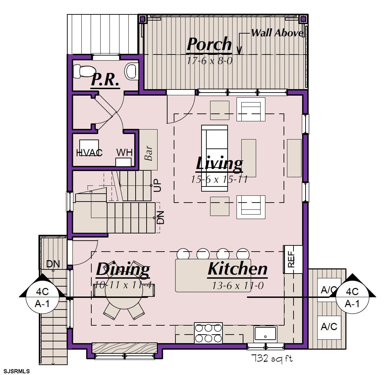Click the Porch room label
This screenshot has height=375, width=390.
pos(209,45)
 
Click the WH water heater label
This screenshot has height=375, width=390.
pos(124,152)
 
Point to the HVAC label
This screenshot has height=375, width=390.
pos(89,153)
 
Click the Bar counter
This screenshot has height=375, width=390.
pos(148,149)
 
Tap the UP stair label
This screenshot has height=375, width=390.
pos(158,185)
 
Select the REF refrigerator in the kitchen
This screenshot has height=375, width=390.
pos(293,259)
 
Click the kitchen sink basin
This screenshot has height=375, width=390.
pos(265,333)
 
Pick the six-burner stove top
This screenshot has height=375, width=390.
pos(208,333)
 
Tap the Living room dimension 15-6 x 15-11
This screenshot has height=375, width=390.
pos(219,179)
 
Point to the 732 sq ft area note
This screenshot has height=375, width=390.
pos(272,358)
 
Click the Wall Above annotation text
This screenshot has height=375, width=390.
pos(277,33)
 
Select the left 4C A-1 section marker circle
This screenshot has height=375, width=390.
pos(43,297)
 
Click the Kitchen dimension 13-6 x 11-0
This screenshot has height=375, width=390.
pos(238,286)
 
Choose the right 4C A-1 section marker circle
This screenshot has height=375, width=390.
pos(353,297)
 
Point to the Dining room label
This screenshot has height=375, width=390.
pos(123,269)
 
